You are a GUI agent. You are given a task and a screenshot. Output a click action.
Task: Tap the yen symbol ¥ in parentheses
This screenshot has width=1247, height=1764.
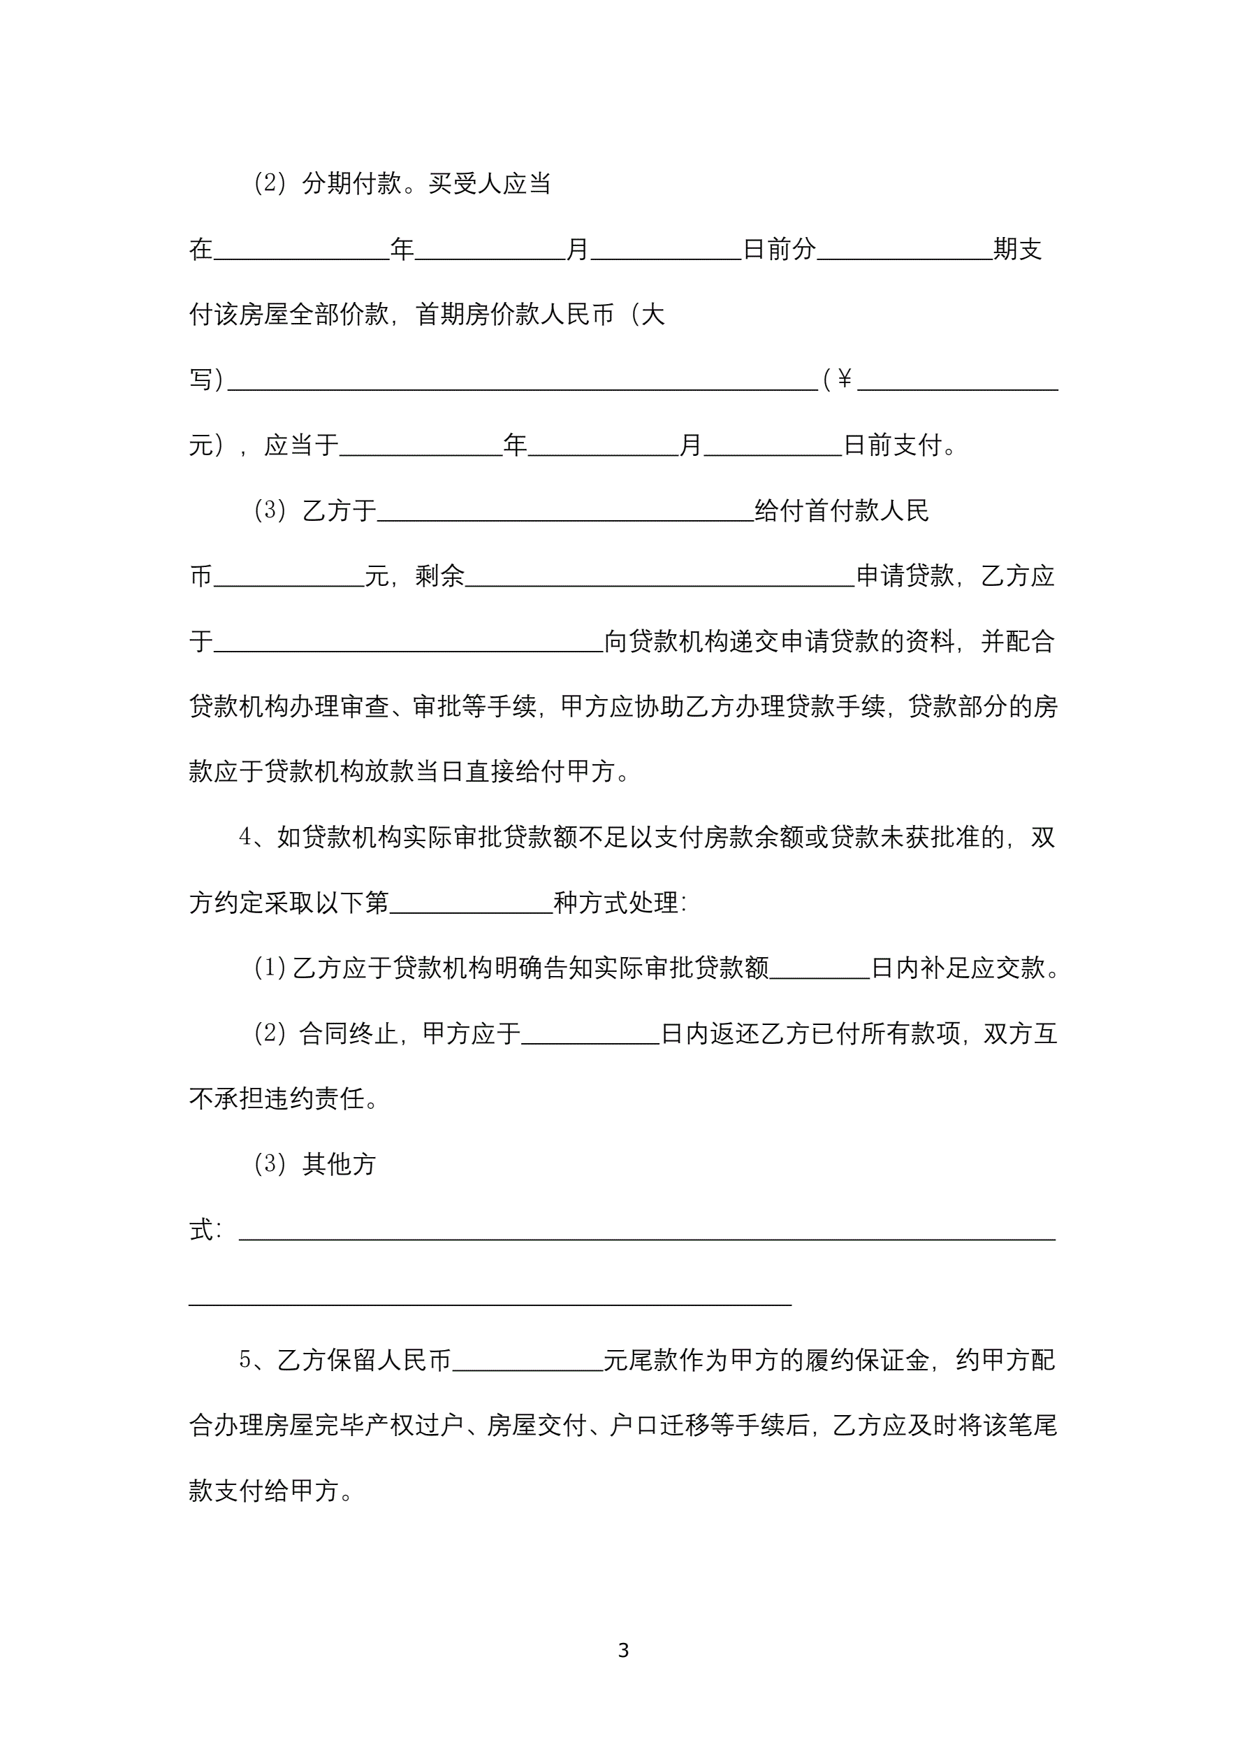click(x=844, y=379)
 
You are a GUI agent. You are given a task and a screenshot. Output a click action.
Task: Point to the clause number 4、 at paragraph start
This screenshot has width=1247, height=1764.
click(x=251, y=837)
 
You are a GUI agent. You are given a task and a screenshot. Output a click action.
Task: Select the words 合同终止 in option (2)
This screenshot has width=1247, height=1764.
click(x=348, y=1033)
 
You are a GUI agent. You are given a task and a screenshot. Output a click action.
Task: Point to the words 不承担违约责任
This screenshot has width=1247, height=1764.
click(x=277, y=1098)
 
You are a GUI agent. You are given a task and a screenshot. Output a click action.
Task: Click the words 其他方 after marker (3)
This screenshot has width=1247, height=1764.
click(x=339, y=1164)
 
